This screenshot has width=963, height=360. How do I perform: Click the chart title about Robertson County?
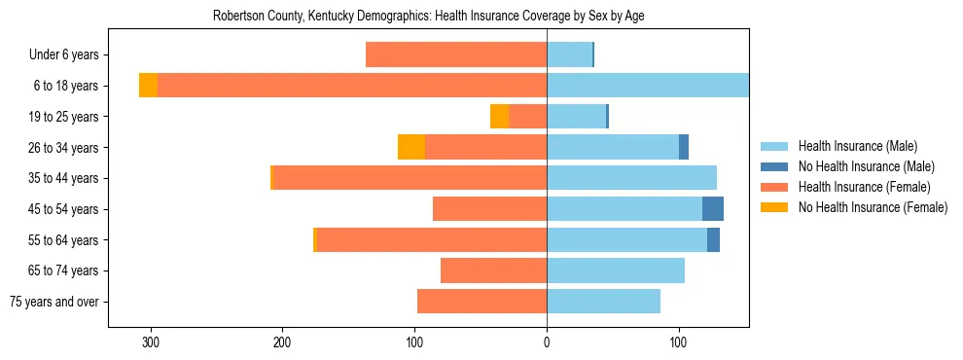pyautogui.click(x=428, y=17)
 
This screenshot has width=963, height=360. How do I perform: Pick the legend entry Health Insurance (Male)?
pyautogui.click(x=858, y=146)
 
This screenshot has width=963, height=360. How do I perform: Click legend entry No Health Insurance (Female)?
pyautogui.click(x=873, y=207)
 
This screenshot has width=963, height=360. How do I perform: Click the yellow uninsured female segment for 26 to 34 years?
pyautogui.click(x=411, y=147)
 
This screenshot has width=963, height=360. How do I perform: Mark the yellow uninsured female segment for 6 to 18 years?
pyautogui.click(x=148, y=86)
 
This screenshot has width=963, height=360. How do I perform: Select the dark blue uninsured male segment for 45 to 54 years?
pyautogui.click(x=713, y=209)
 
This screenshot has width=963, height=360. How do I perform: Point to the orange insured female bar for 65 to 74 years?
pyautogui.click(x=493, y=270)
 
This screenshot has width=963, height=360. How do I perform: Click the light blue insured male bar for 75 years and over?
pyautogui.click(x=603, y=302)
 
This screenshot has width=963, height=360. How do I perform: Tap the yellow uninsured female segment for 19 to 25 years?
pyautogui.click(x=499, y=117)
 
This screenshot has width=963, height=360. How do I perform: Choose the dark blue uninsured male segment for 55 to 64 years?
pyautogui.click(x=713, y=239)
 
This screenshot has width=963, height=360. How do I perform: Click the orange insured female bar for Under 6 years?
pyautogui.click(x=456, y=55)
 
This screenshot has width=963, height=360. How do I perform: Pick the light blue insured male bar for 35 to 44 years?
pyautogui.click(x=631, y=178)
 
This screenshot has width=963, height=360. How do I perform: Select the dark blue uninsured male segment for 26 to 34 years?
pyautogui.click(x=684, y=147)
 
